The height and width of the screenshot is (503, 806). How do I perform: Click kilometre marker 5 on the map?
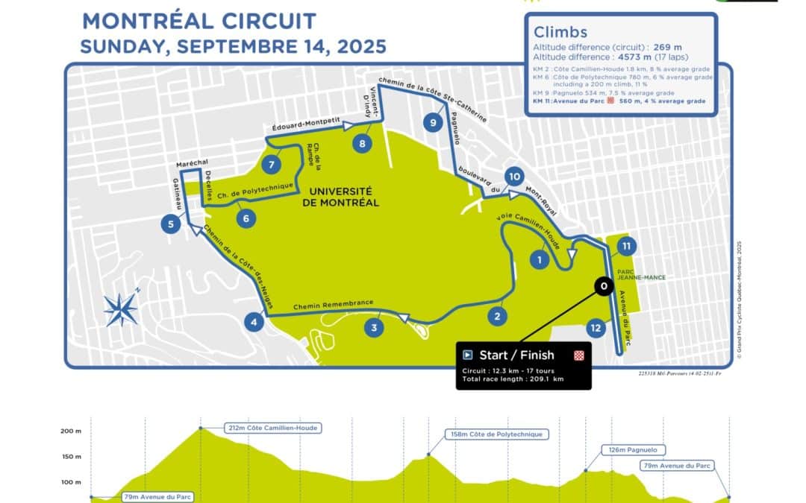(x=171, y=223)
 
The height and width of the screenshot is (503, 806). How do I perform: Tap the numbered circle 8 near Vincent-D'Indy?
(x=362, y=144)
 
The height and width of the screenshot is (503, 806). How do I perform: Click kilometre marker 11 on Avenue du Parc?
(x=627, y=245)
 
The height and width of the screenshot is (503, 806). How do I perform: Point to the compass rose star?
(x=120, y=309)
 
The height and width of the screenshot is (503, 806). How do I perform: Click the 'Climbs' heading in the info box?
(x=560, y=32)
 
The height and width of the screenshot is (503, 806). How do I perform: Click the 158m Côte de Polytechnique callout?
(x=496, y=434)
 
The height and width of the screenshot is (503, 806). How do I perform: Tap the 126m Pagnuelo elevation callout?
(x=633, y=450)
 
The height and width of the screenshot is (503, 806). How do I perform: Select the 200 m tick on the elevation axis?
(x=70, y=431)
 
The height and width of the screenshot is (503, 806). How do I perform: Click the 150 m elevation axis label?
(x=70, y=457)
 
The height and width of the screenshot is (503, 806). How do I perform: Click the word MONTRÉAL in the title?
(x=142, y=20)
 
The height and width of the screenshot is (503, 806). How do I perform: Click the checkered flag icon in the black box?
(x=578, y=355)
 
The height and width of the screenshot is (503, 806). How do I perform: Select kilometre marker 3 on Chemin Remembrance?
(x=374, y=326)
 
